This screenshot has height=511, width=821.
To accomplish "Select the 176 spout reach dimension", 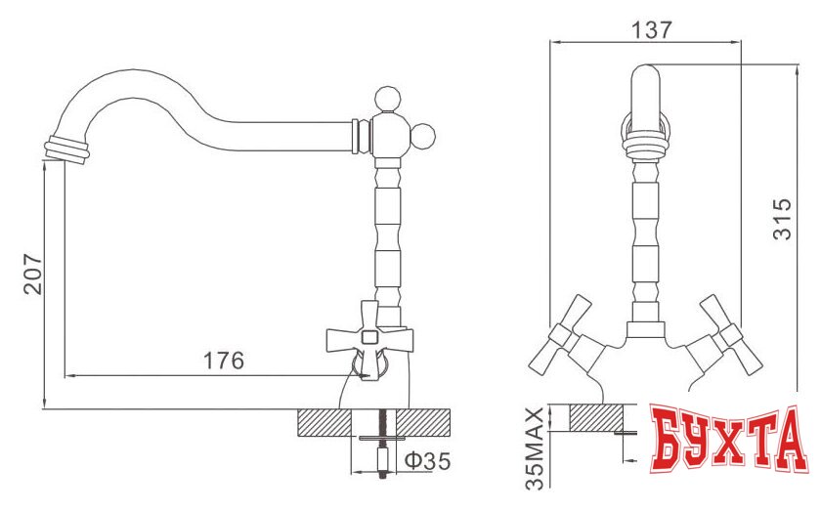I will click(223, 361).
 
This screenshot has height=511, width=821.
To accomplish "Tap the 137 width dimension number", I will click(652, 28).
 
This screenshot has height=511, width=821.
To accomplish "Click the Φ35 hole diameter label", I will click(427, 460).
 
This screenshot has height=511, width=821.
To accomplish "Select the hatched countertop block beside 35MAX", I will click(596, 417).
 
